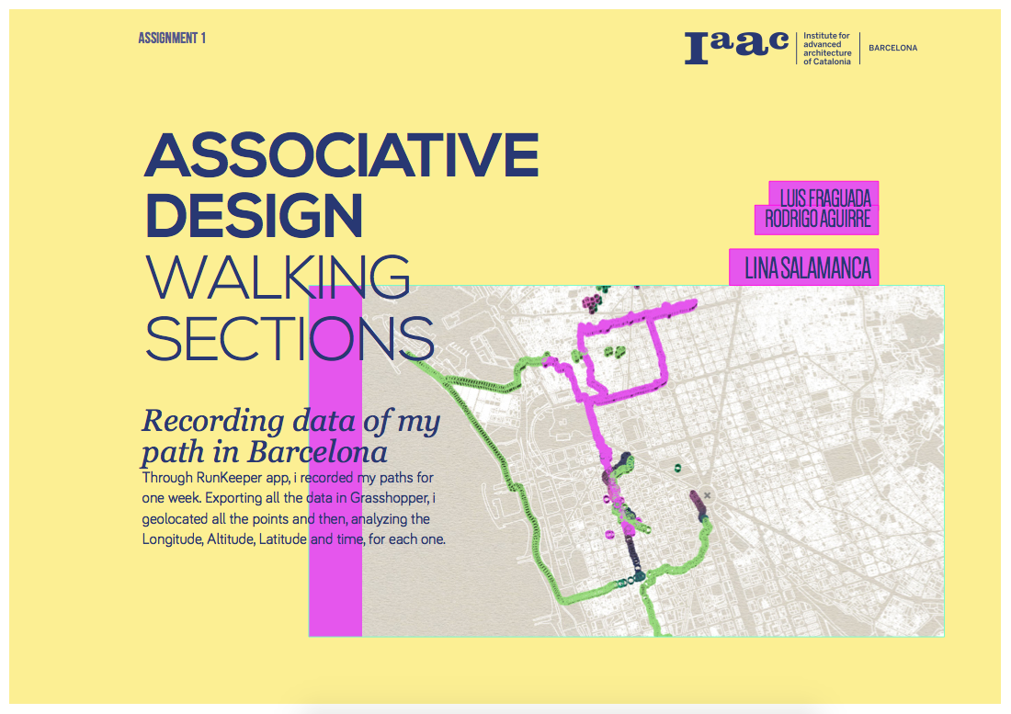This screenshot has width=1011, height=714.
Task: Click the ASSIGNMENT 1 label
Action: tap(172, 39)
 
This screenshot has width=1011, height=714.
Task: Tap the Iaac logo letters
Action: tap(736, 47)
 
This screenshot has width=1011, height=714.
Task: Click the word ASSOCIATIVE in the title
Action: tap(341, 156)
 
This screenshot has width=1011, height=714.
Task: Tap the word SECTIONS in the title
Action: tap(290, 338)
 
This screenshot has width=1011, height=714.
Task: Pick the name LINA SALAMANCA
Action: tap(807, 268)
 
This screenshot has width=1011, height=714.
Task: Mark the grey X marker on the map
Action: tap(707, 495)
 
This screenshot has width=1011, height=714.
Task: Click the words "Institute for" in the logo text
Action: tap(826, 36)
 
